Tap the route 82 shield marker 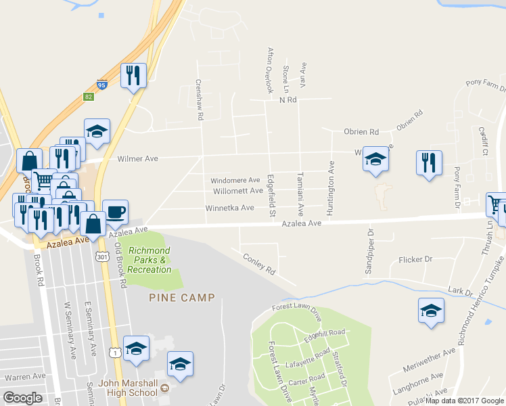tap(89, 97)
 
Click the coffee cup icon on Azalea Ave tap(115, 212)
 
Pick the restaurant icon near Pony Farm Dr tap(428, 162)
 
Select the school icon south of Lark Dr tap(431, 310)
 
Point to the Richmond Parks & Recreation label tap(149, 260)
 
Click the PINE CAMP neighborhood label tap(182, 297)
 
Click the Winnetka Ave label tap(229, 208)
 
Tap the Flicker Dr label tap(415, 259)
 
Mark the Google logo tap(23, 398)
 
